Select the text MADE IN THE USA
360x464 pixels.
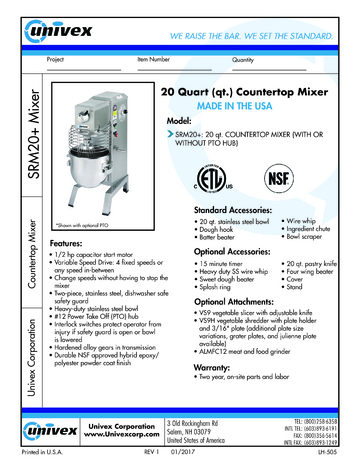(243, 107)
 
